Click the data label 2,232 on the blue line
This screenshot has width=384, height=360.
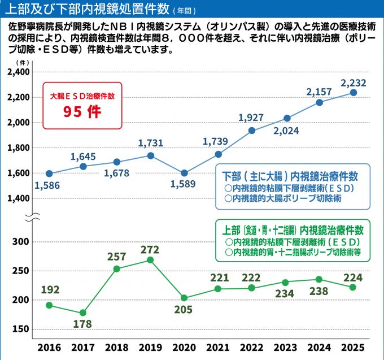[354, 83]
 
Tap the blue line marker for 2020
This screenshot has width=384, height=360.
[184, 173]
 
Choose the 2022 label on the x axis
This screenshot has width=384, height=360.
[251, 346]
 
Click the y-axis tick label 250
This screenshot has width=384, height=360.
[21, 271]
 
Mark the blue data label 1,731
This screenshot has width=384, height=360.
[150, 143]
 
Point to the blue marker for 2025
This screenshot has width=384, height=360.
[354, 93]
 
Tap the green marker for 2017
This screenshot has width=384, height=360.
[83, 313]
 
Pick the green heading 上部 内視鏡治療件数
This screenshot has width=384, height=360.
[292, 231]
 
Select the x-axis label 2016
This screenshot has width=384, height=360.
[49, 346]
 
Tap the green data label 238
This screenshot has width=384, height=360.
[319, 293]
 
